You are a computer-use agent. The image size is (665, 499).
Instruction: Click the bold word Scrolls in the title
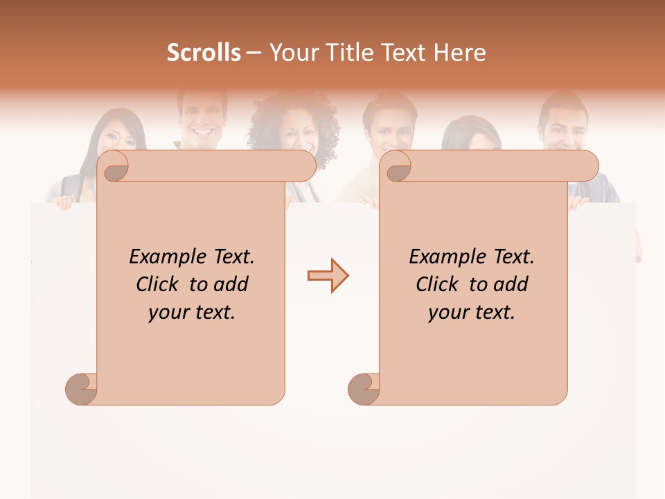204,53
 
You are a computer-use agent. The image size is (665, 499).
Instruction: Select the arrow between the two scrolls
328,276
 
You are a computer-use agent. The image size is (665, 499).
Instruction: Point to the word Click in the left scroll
160,284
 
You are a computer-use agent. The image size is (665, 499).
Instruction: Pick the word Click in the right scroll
440,284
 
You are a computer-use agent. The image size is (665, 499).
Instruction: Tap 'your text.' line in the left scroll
192,312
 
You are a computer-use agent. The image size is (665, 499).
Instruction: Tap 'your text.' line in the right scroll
472,312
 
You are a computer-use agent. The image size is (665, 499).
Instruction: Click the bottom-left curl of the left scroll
81,388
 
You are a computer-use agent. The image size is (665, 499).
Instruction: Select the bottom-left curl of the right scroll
364,388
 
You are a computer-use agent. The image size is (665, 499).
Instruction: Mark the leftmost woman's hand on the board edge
64,202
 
